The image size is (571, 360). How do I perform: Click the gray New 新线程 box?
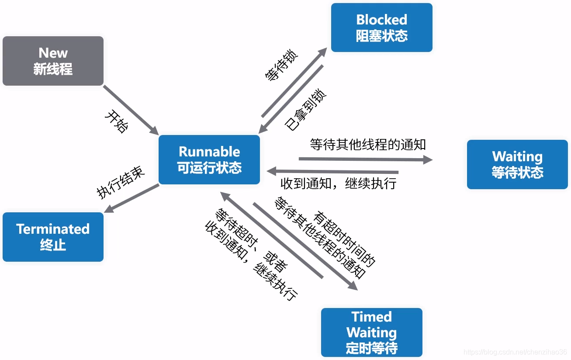pyautogui.click(x=53, y=61)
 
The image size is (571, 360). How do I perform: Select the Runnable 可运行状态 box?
pyautogui.click(x=209, y=159)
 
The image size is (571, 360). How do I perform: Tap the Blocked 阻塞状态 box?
pyautogui.click(x=381, y=28)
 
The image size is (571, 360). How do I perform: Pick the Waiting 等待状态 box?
pyautogui.click(x=517, y=164)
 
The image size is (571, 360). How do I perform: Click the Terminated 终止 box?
pyautogui.click(x=53, y=237)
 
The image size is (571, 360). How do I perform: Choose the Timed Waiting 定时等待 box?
pyautogui.click(x=371, y=332)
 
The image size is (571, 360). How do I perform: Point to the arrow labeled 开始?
pyautogui.click(x=131, y=110)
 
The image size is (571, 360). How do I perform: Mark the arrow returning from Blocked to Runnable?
pyautogui.click(x=291, y=99)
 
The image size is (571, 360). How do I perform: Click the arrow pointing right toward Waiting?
pyautogui.click(x=365, y=159)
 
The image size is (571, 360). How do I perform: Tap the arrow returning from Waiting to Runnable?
pyautogui.click(x=332, y=171)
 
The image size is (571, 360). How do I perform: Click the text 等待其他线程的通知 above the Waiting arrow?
pyautogui.click(x=368, y=145)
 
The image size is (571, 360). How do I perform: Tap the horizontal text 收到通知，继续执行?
pyautogui.click(x=338, y=183)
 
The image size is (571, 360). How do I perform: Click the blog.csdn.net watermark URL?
pyautogui.click(x=515, y=352)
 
